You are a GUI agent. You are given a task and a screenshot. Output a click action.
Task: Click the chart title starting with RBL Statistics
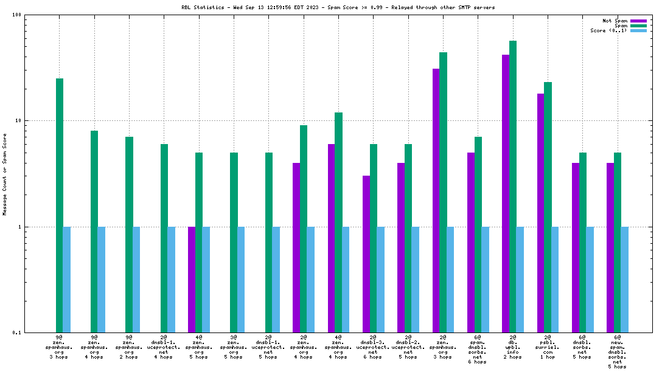tap(338, 7)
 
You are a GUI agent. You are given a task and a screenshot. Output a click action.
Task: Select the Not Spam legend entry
tap(615, 21)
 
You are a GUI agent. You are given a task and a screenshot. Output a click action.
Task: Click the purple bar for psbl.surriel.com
tap(541, 213)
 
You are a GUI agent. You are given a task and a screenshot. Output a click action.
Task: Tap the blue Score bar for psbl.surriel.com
tap(555, 280)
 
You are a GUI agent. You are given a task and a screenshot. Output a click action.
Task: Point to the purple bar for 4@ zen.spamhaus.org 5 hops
tap(192, 280)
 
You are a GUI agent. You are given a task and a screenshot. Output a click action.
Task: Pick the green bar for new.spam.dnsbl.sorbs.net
tap(618, 243)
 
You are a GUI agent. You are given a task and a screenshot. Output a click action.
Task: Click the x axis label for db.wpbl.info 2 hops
tap(512, 346)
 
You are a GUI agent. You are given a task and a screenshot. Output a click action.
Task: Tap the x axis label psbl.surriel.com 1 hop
tap(548, 346)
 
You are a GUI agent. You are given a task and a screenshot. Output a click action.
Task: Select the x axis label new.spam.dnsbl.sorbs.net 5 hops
tap(617, 351)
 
